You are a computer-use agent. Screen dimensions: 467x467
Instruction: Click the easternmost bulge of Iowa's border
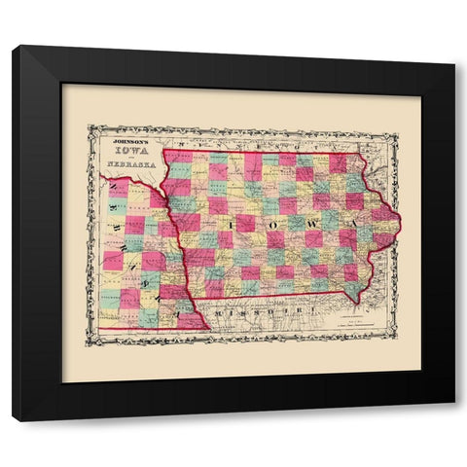(x=399, y=218)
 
